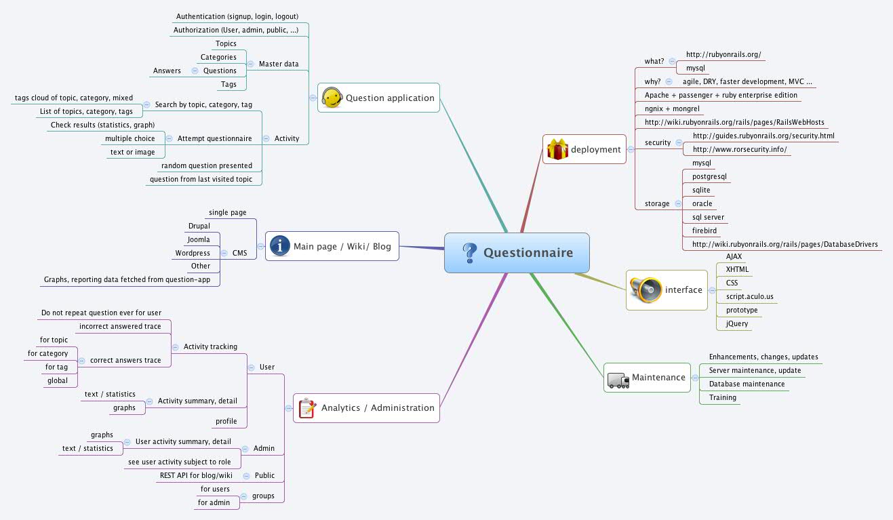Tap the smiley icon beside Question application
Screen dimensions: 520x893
pos(331,98)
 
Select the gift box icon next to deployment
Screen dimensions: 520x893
pos(557,149)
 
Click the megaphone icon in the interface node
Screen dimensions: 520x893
pos(644,289)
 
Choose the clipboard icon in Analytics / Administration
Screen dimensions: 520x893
pos(307,407)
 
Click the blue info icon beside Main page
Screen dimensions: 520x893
pos(280,246)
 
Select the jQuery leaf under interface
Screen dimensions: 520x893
pos(737,324)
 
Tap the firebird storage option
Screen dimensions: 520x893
pos(705,231)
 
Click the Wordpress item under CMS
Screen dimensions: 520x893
pos(193,253)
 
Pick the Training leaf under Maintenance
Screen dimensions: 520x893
pos(722,398)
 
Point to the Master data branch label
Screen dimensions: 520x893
pos(279,64)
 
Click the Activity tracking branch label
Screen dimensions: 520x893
pos(210,347)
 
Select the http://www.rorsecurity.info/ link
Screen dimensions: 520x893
pos(740,150)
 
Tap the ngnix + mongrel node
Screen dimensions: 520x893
pos(672,108)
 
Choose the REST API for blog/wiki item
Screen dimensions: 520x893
pos(196,476)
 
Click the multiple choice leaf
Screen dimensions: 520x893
pos(130,139)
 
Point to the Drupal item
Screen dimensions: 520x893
pos(199,226)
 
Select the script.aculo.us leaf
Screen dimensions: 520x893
pos(749,297)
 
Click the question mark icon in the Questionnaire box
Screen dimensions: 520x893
pos(469,253)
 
